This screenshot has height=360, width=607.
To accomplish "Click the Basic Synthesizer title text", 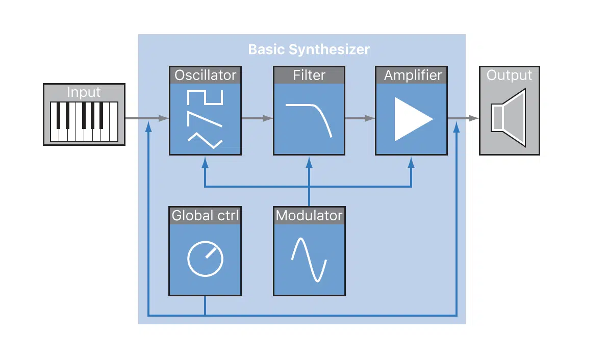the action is coord(309,49).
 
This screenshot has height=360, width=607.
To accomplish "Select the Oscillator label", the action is coord(205,75).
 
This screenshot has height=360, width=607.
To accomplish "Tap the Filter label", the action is coord(309,75).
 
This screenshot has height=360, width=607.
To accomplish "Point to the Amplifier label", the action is coord(413,75).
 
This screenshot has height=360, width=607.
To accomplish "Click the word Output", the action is coord(509,75).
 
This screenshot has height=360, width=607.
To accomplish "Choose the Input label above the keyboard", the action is coord(84,92).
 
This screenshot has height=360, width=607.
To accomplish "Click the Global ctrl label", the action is coord(205,215).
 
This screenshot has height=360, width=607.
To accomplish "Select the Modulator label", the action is coord(309,215).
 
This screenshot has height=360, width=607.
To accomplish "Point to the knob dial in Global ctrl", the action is coord(205,259).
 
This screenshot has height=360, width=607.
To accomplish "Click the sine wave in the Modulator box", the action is coord(309,260).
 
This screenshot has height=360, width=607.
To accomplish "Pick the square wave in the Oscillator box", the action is coord(205,97).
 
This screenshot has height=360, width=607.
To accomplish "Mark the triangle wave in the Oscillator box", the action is coord(205,141).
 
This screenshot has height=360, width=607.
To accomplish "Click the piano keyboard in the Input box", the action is coord(84,122).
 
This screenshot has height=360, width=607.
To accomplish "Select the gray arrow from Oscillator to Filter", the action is coord(258,118).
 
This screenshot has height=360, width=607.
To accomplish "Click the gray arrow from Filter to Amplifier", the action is coord(360,118).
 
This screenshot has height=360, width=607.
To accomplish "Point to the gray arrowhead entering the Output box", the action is coord(474,118).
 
